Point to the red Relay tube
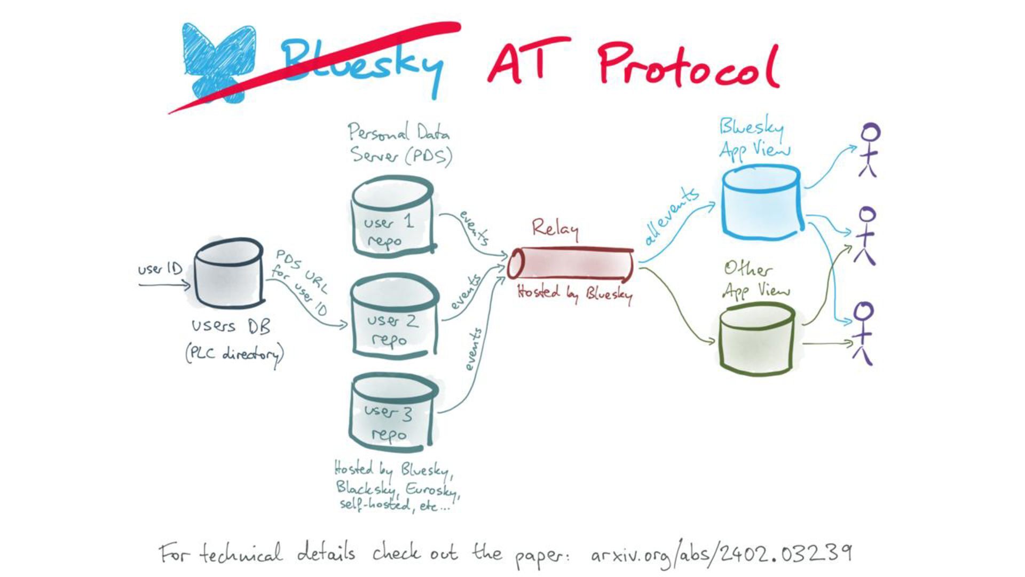(x=570, y=264)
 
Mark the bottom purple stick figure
(x=864, y=332)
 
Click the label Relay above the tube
(x=555, y=229)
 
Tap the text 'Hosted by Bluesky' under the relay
(x=574, y=293)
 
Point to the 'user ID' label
(x=160, y=268)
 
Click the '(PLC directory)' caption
(x=234, y=354)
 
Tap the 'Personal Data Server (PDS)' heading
(x=400, y=143)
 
